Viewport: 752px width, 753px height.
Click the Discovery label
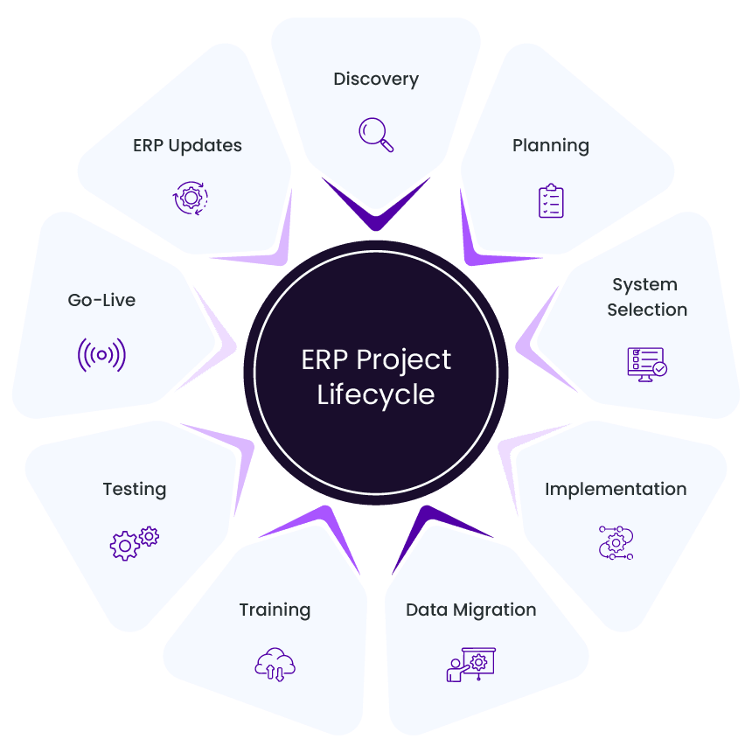pyautogui.click(x=376, y=80)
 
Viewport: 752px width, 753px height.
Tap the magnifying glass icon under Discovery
pyautogui.click(x=376, y=134)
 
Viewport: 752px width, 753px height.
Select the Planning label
pyautogui.click(x=551, y=146)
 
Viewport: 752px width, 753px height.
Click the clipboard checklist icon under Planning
pyautogui.click(x=551, y=200)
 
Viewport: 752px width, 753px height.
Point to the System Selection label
pyautogui.click(x=647, y=297)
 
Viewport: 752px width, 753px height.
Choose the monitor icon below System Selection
pyautogui.click(x=647, y=362)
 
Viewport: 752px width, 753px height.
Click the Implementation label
pyautogui.click(x=616, y=489)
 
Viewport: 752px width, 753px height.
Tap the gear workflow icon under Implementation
pyautogui.click(x=616, y=543)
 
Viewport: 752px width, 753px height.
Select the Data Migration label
pyautogui.click(x=470, y=610)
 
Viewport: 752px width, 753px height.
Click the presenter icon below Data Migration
pyautogui.click(x=470, y=664)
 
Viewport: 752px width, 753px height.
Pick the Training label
pyautogui.click(x=275, y=610)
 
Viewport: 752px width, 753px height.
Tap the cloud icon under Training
pyautogui.click(x=275, y=664)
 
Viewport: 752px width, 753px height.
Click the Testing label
pyautogui.click(x=135, y=489)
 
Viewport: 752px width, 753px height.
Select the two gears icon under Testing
pyautogui.click(x=135, y=543)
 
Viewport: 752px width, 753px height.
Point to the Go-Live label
pyautogui.click(x=101, y=300)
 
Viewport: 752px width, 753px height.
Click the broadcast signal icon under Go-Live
pyautogui.click(x=101, y=355)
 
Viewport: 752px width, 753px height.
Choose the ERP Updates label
pyautogui.click(x=187, y=146)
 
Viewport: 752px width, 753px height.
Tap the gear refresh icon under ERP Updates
pyautogui.click(x=190, y=198)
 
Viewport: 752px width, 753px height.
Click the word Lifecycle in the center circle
pyautogui.click(x=376, y=394)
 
